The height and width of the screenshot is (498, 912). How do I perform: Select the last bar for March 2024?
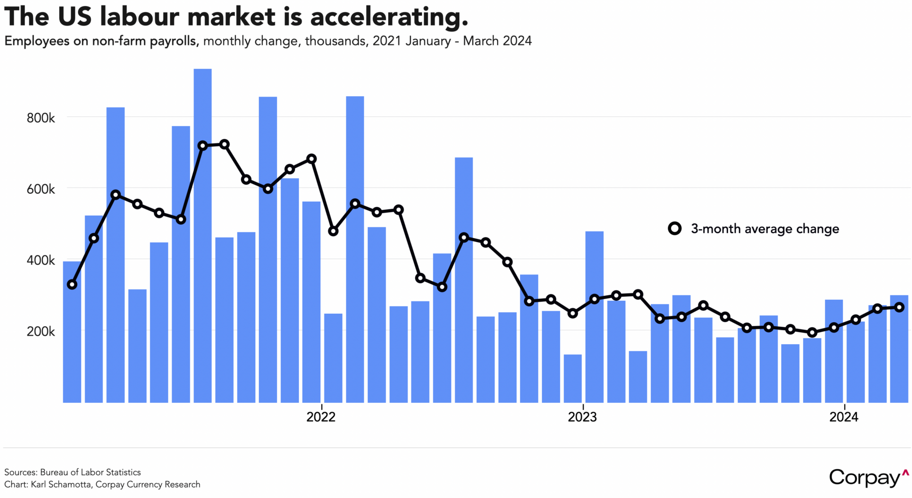coord(899,349)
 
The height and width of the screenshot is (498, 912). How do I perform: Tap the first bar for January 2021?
coord(72,332)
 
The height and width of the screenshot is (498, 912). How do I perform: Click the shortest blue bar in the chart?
coord(572,378)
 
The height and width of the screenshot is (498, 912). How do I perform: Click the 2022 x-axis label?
coord(321,417)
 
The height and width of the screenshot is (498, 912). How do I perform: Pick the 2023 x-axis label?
coord(582,417)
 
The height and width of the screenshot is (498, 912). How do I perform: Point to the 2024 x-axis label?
coord(843,417)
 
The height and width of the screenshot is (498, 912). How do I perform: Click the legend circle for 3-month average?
coord(674,229)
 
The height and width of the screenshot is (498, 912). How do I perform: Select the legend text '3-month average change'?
coord(765,229)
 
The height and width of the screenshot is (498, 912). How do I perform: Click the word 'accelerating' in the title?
coord(389,17)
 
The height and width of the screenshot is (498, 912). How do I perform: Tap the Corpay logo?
coord(868,478)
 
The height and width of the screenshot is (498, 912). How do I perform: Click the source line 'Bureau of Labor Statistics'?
coord(90,472)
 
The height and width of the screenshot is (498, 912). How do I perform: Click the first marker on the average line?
coord(72,284)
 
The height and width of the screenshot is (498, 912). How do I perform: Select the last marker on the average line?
coord(899,307)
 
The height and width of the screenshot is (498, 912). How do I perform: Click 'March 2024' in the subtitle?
coord(497,41)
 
